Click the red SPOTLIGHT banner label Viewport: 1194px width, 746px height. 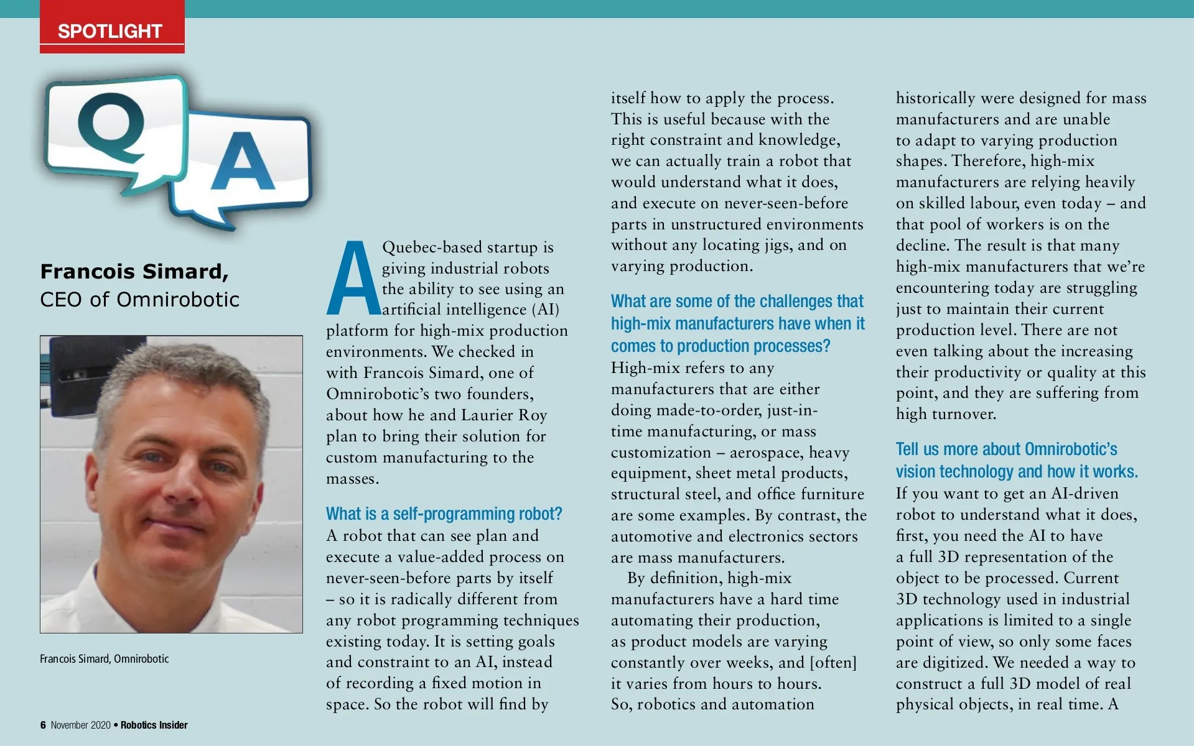pyautogui.click(x=110, y=31)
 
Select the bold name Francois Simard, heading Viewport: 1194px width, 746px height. pyautogui.click(x=134, y=272)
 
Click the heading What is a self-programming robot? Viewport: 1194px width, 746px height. pyautogui.click(x=444, y=513)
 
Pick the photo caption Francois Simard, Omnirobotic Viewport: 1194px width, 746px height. pyautogui.click(x=104, y=659)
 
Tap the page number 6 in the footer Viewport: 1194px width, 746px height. pyautogui.click(x=43, y=725)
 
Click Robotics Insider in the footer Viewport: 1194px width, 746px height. pyautogui.click(x=154, y=725)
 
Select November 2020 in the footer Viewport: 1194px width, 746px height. pyautogui.click(x=80, y=725)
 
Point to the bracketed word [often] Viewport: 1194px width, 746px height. pyautogui.click(x=833, y=663)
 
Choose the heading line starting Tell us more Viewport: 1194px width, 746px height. pyautogui.click(x=1006, y=449)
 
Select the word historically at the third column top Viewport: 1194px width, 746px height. pyautogui.click(x=936, y=98)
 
